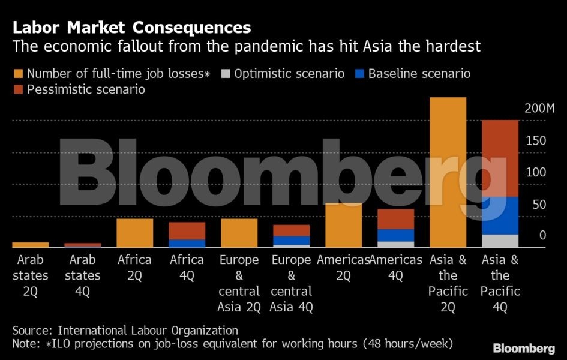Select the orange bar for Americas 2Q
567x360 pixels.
coord(344,226)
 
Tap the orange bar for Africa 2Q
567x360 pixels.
coord(135,233)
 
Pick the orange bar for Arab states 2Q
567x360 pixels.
coord(31,245)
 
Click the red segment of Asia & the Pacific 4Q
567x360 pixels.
coord(500,158)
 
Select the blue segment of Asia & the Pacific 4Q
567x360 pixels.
coord(500,215)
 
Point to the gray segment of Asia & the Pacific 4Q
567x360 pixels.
coord(500,241)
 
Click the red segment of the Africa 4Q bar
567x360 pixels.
coord(187,230)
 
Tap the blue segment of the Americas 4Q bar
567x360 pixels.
coord(396,235)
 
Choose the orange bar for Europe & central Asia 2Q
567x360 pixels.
coord(239,233)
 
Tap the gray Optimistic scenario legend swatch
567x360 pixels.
coord(226,74)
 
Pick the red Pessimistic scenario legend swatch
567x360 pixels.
coord(18,90)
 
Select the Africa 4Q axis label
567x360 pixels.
coord(187,268)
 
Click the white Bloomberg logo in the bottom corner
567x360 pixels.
coord(523,348)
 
